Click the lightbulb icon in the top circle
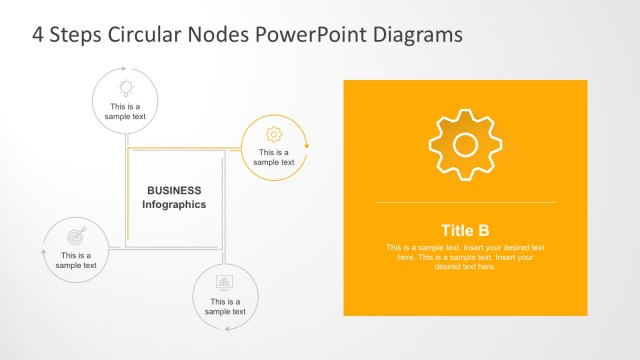tap(125, 86)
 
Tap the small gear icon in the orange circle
tap(274, 134)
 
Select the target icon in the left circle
tap(76, 237)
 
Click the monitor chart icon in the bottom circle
tap(225, 283)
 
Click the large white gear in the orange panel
tap(465, 145)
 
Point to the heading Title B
tap(465, 229)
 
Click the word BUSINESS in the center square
tap(174, 190)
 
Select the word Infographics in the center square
tap(174, 204)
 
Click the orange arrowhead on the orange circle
tap(307, 146)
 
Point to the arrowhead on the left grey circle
tap(43, 252)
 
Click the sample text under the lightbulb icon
tap(125, 111)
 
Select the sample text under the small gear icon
tap(274, 157)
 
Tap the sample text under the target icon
tap(76, 260)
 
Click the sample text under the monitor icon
tap(225, 306)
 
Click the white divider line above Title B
tap(465, 203)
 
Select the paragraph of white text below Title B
tap(465, 257)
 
